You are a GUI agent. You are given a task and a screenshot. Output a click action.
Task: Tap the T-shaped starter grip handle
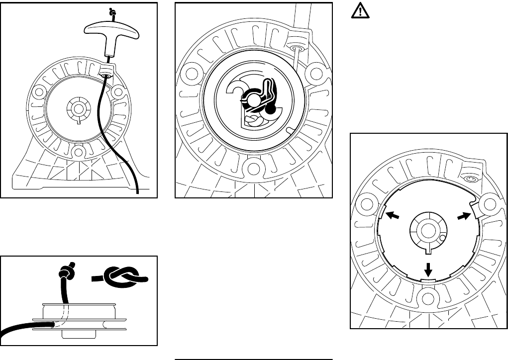(106, 34)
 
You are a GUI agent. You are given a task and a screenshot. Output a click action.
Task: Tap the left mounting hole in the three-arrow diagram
(368, 204)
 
